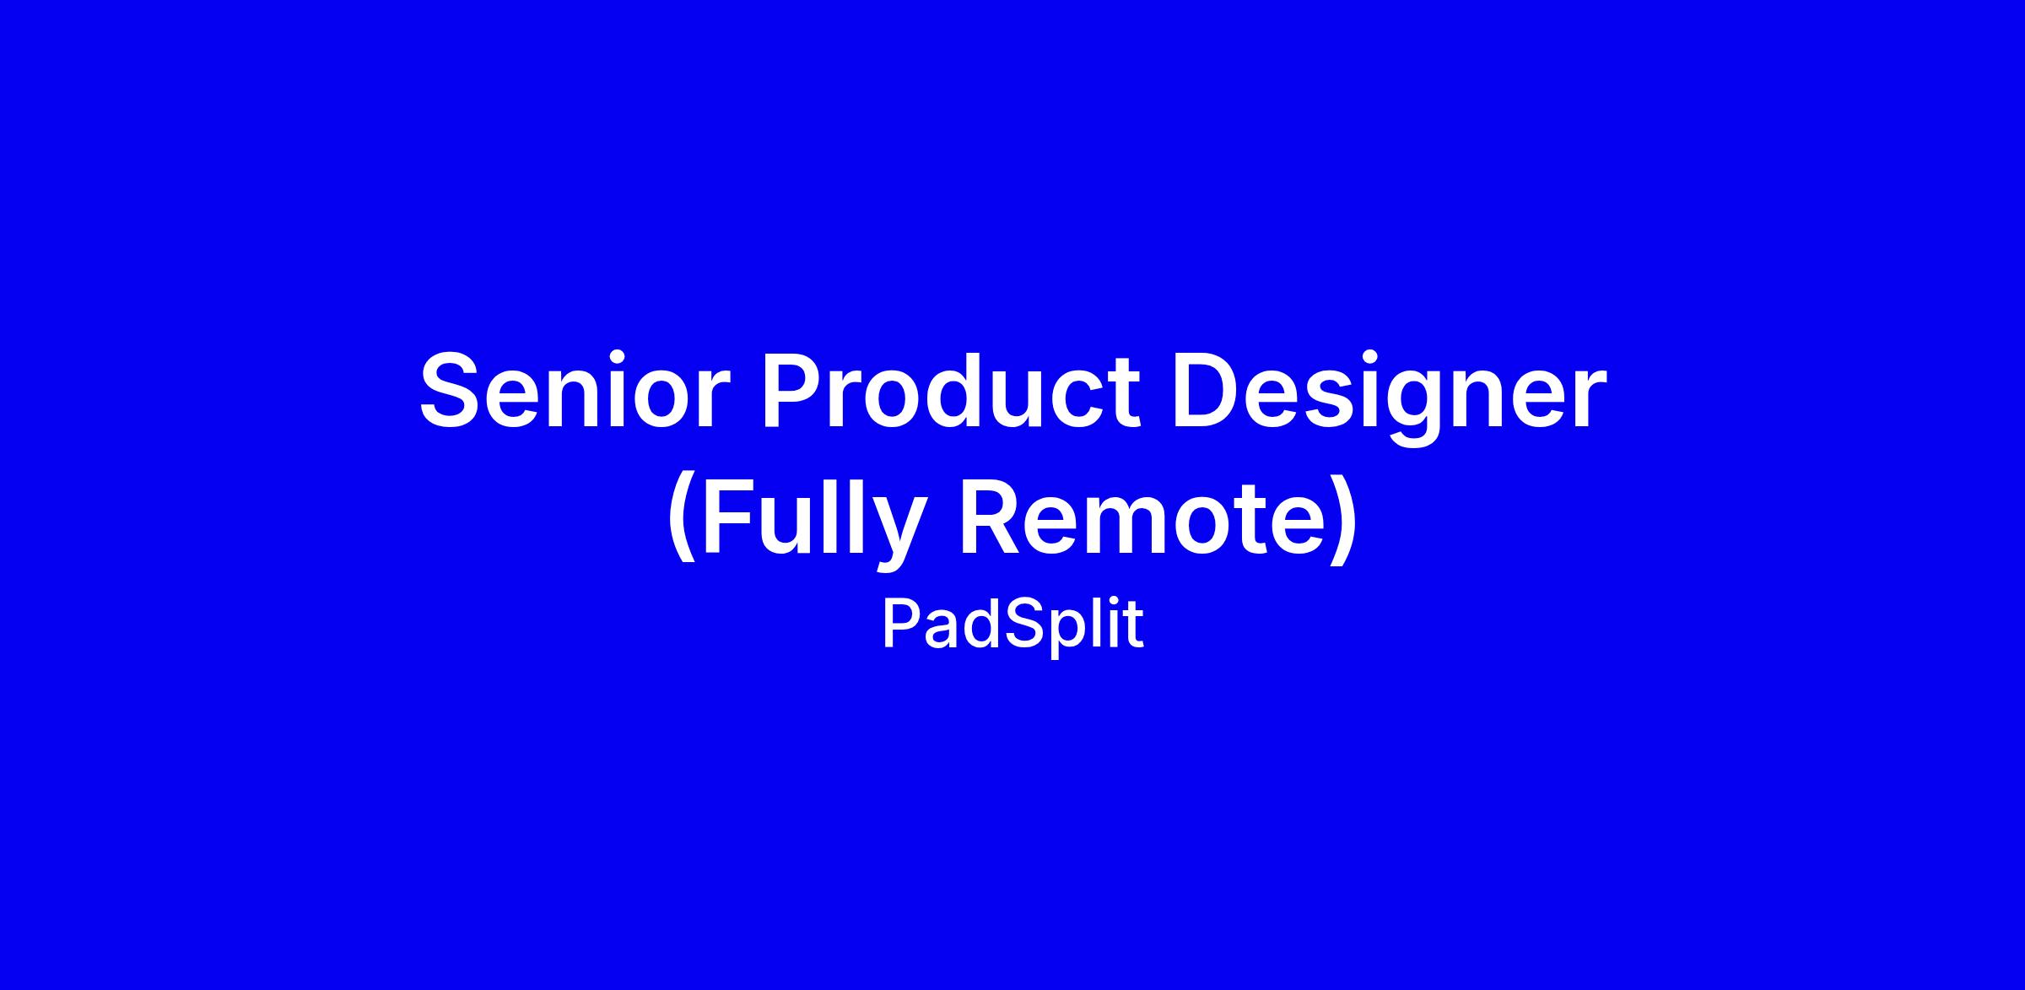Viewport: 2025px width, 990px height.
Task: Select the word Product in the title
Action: coord(951,390)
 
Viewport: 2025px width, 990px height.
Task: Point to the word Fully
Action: coord(811,521)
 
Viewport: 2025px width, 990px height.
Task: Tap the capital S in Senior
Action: coord(451,391)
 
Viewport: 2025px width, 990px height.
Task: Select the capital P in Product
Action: coord(792,391)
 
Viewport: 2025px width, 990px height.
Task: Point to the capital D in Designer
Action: coord(1207,391)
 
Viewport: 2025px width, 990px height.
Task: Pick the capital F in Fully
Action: coord(730,516)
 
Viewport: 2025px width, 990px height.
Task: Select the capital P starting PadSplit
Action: coord(902,625)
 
